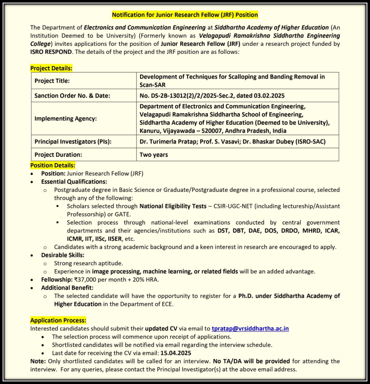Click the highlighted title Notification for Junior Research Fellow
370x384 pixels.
click(185, 15)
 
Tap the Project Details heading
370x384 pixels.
click(51, 68)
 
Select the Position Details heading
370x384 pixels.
click(52, 165)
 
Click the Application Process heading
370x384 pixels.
click(58, 320)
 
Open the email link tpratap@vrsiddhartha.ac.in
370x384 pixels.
click(250, 328)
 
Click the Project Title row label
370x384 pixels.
click(52, 81)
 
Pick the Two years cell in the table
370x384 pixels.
click(154, 154)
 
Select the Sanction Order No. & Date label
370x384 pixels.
click(72, 96)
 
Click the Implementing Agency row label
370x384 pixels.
click(65, 118)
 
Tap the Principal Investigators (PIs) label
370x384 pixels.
click(73, 142)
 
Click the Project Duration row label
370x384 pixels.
click(58, 154)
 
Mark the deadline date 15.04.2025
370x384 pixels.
click(176, 353)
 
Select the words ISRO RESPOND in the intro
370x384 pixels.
click(51, 52)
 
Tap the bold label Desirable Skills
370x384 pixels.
click(63, 255)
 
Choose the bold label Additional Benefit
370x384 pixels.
click(67, 288)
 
